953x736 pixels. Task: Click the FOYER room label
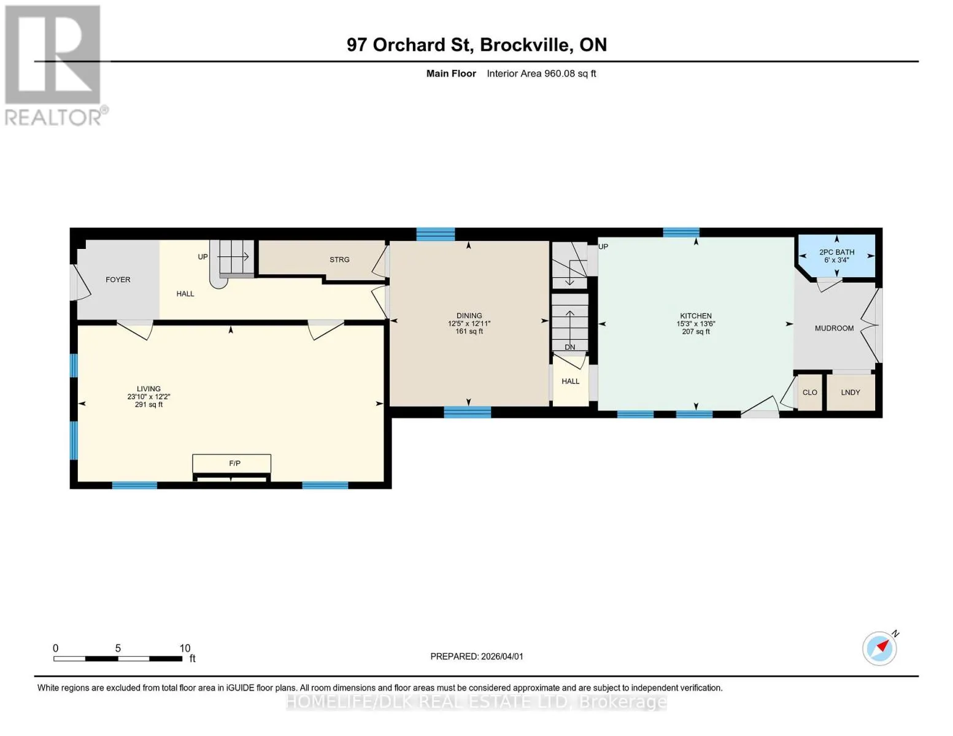coord(118,280)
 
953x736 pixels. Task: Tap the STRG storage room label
coord(339,259)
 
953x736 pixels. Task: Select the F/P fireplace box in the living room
coord(231,463)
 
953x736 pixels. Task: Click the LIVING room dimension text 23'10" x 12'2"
coord(149,397)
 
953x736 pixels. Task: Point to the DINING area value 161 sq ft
coord(469,331)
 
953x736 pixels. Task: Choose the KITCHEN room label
coord(695,316)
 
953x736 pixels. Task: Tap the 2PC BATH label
coord(837,252)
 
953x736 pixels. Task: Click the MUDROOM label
coord(834,328)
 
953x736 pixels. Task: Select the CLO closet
coord(809,393)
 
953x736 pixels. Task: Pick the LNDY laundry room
coord(851,393)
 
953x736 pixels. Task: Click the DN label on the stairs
coord(569,347)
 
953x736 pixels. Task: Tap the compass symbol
coord(879,649)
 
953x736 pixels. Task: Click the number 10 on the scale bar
coord(185,648)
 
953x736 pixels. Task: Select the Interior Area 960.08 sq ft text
coord(541,74)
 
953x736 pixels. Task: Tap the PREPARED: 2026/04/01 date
coord(477,656)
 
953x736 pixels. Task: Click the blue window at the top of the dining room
coord(436,234)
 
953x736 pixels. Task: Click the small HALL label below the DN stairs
coord(570,381)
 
